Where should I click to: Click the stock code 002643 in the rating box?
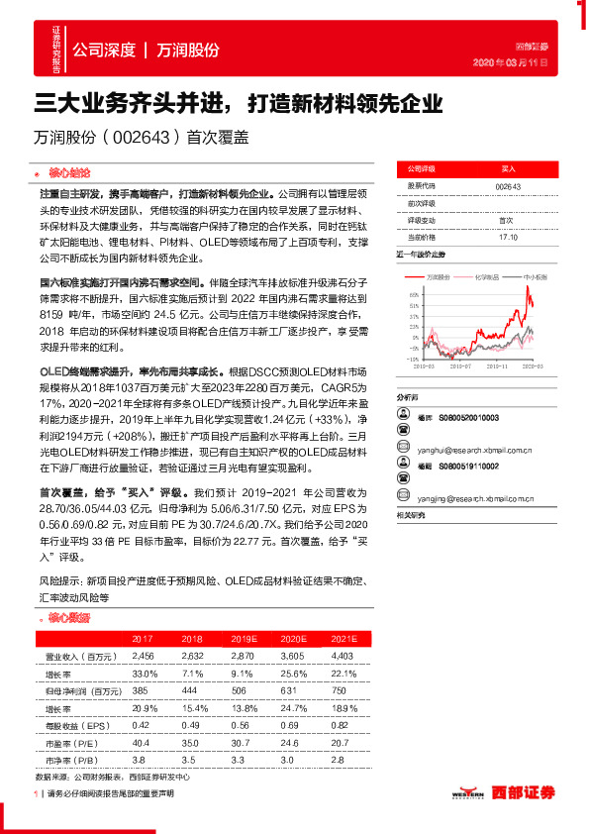[x=507, y=185]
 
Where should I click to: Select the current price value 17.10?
[x=507, y=238]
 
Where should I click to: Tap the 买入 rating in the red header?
[x=507, y=169]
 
